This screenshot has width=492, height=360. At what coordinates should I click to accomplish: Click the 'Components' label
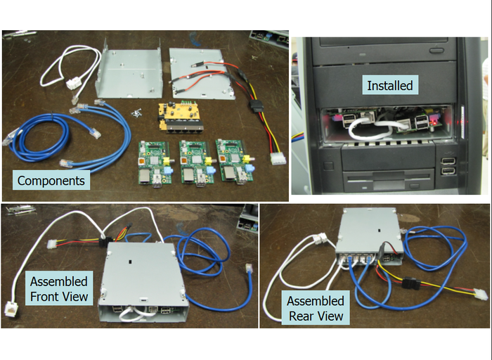click(51, 181)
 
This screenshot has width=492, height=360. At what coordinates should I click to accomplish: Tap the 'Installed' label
click(390, 85)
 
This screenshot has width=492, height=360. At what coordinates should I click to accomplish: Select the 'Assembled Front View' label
click(59, 288)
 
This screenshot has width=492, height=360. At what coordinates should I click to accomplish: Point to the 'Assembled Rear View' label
click(316, 308)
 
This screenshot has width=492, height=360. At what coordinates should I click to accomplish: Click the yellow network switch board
click(181, 117)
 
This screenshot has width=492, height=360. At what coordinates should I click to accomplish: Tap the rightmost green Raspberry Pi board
click(235, 161)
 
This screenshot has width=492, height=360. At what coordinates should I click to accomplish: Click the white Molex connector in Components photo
click(278, 158)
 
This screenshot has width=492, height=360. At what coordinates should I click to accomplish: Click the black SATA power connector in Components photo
click(256, 105)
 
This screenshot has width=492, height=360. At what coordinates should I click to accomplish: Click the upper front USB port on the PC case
click(448, 161)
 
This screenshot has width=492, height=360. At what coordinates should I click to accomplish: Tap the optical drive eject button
click(436, 50)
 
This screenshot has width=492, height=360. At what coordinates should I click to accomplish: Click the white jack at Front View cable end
click(11, 309)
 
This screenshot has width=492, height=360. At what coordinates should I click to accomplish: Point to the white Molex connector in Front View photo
click(53, 243)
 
